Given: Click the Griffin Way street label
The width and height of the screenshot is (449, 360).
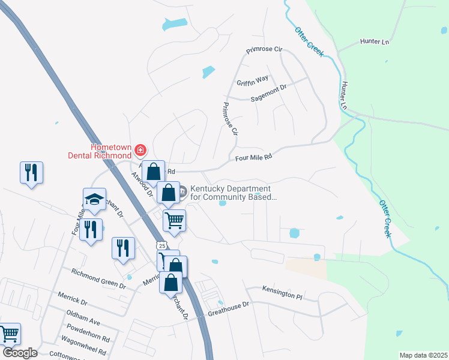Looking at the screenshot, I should (252, 79).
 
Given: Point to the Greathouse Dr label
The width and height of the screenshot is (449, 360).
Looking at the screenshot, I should (228, 307).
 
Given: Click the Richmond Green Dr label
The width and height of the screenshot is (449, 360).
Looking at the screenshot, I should (98, 279).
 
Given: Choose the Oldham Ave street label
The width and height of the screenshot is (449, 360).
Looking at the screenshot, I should (83, 317).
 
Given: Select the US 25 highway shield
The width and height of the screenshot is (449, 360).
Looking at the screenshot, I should (160, 245).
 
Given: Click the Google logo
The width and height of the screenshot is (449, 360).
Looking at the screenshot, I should (19, 352).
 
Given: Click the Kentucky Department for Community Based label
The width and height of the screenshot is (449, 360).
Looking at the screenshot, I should (234, 193).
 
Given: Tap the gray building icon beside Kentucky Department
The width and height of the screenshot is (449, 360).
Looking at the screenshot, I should (183, 190).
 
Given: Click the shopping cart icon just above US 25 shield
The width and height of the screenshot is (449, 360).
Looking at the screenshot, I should (174, 220).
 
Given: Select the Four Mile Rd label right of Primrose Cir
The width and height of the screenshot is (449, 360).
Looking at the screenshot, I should (254, 157).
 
